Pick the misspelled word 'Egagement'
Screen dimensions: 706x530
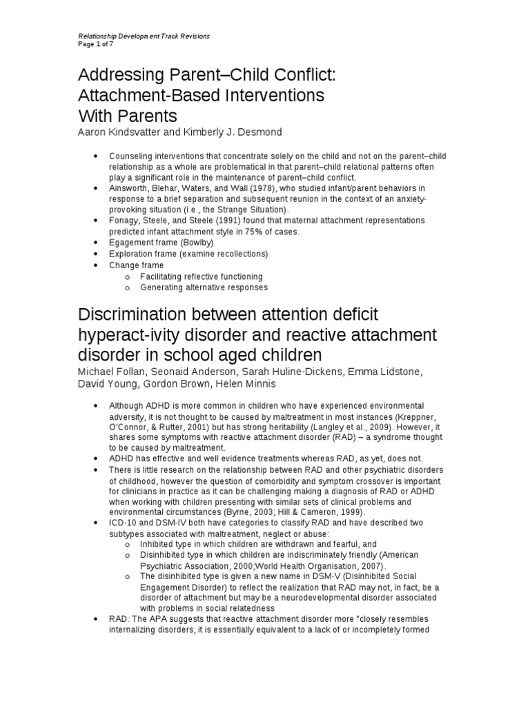pos(132,243)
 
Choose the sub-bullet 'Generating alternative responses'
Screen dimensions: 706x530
pos(204,287)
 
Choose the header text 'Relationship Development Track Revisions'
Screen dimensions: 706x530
pos(143,35)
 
